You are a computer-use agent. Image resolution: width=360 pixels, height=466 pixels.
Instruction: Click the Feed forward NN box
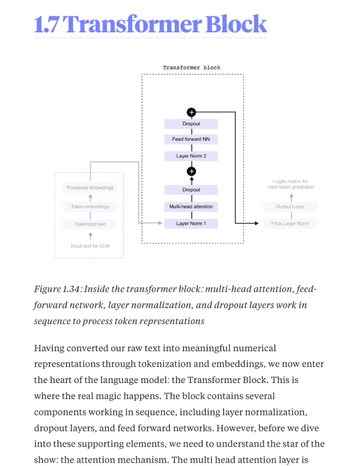tap(191, 139)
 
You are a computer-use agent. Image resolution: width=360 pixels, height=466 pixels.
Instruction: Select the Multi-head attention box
tap(191, 207)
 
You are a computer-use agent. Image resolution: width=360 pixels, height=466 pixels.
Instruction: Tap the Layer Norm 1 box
tap(191, 224)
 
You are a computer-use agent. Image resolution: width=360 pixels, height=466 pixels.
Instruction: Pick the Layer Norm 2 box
tap(191, 157)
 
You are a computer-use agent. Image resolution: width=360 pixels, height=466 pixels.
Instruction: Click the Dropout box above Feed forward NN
tap(191, 124)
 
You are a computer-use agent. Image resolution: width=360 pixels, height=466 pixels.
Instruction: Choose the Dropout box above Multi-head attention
tap(191, 190)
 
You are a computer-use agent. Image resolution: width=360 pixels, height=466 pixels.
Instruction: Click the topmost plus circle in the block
tap(191, 112)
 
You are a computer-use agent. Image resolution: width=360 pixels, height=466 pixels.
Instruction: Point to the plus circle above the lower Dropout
tap(191, 171)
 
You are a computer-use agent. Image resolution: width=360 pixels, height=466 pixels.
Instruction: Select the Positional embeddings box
tap(90, 188)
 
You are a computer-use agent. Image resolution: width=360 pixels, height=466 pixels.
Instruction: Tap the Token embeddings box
tap(90, 207)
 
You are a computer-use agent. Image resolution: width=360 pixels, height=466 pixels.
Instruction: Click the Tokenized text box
tap(90, 224)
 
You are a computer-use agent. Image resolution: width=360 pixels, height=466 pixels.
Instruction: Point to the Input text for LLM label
tap(90, 246)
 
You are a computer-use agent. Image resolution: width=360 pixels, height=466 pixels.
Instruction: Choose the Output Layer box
tap(290, 207)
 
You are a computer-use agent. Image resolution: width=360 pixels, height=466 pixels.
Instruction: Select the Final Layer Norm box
tap(290, 224)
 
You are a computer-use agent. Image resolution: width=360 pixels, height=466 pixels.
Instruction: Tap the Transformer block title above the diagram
tap(192, 68)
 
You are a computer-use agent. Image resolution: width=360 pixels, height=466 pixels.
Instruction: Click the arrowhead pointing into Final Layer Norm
tap(256, 224)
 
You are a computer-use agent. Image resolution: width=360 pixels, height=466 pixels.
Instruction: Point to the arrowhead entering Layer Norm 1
tap(159, 224)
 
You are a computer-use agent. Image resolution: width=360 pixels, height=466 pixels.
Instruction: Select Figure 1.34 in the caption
tap(56, 289)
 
